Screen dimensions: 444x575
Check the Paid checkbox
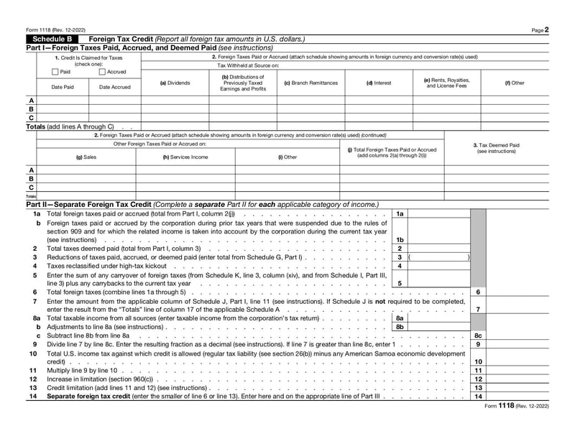[55, 72]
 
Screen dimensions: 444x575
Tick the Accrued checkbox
[102, 72]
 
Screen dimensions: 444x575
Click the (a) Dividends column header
[175, 83]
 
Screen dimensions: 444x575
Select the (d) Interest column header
[379, 83]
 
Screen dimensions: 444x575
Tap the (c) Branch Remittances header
[310, 83]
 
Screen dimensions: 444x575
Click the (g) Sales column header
[86, 157]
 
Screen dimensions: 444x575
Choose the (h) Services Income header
[185, 157]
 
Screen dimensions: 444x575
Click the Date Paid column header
[63, 87]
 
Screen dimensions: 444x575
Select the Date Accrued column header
[115, 87]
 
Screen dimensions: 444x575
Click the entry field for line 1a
[438, 214]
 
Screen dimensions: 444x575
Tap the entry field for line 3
[438, 256]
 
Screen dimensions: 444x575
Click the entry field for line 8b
[438, 326]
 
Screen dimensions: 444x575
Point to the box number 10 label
[478, 361]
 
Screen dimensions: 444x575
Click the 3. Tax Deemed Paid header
[496, 148]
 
